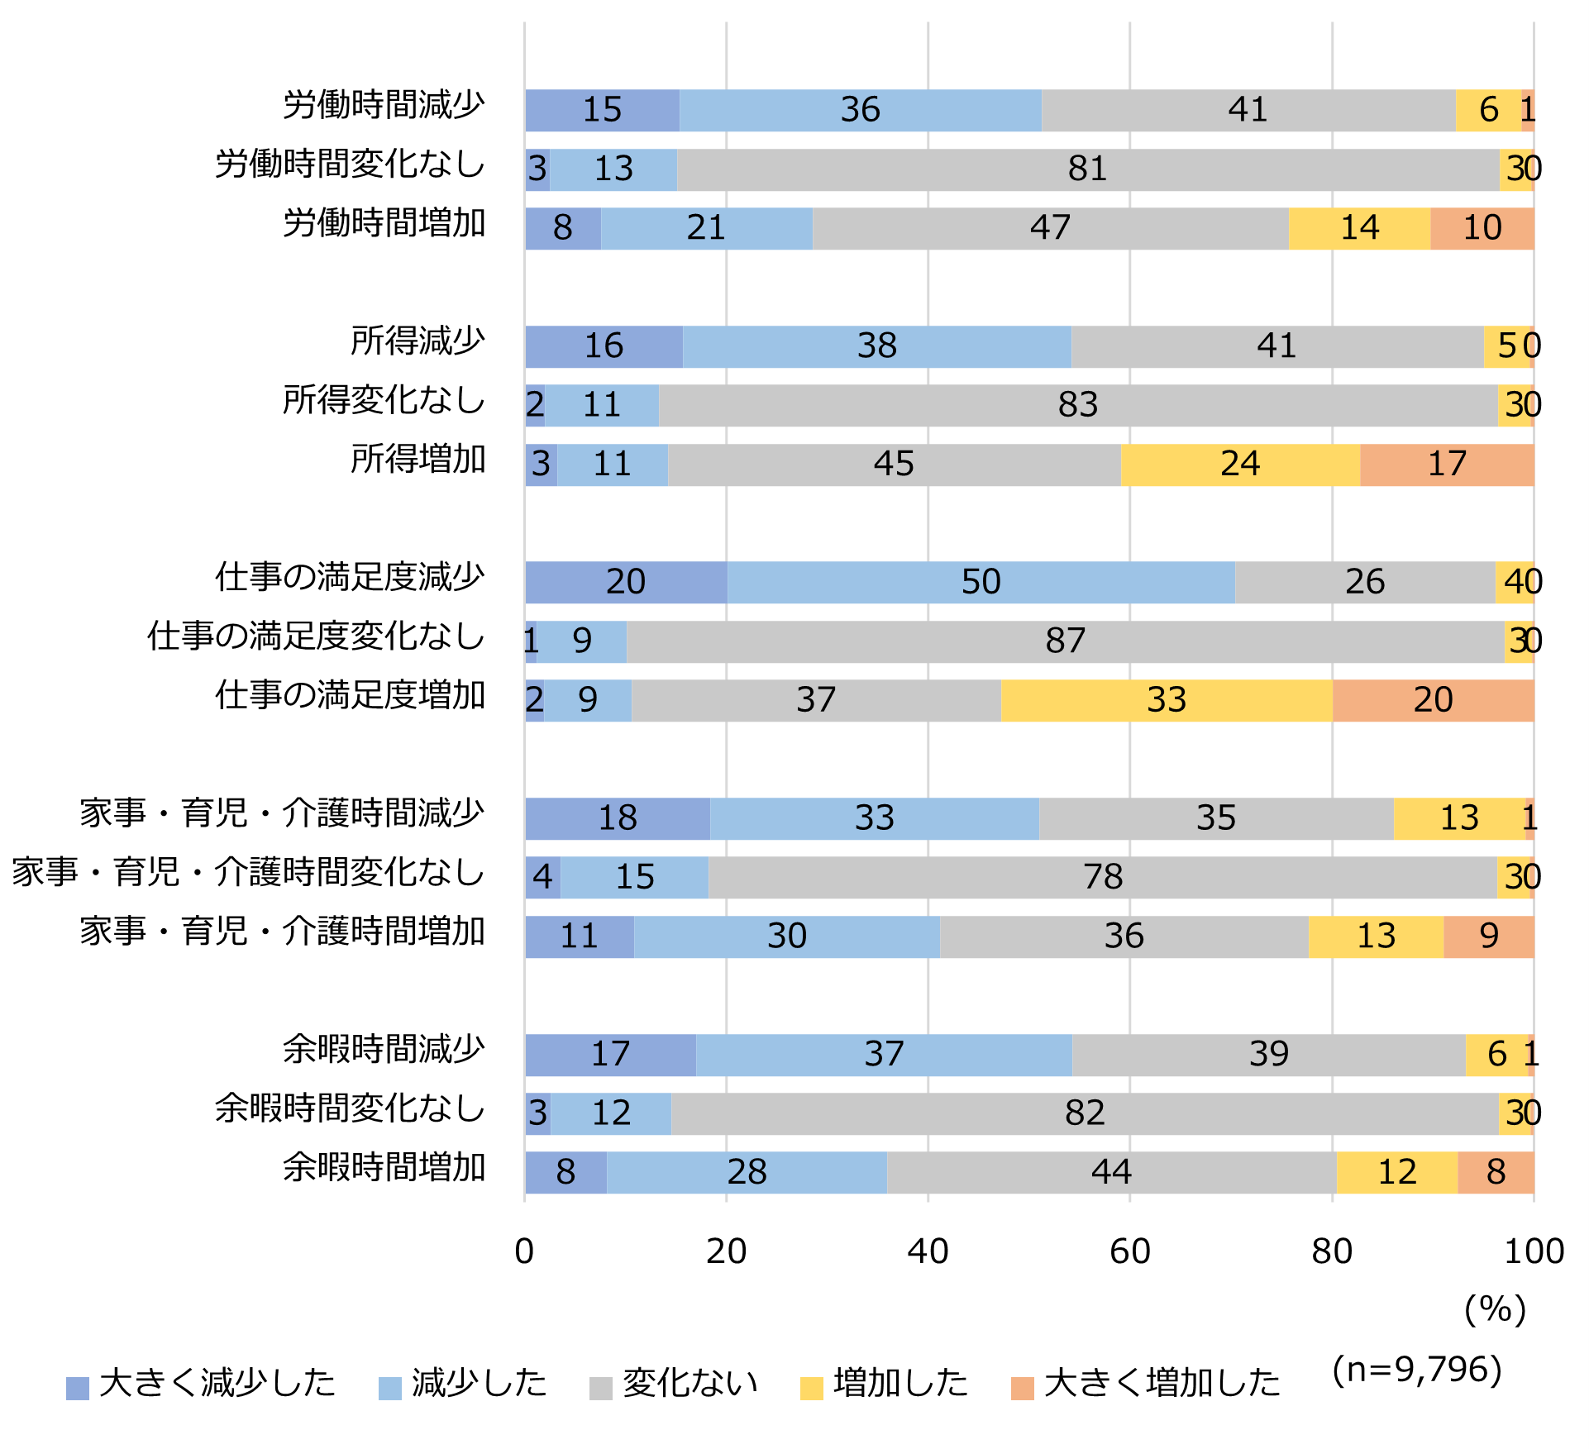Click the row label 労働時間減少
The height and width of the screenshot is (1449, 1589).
pos(384,106)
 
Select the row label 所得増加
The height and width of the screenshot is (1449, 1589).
pos(418,460)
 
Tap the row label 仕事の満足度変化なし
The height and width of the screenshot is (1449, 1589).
pos(316,637)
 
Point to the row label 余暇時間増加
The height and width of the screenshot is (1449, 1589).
pos(384,1168)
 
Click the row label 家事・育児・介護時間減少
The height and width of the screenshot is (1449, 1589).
pos(282,814)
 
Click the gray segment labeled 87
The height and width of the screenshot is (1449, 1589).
pos(1065,641)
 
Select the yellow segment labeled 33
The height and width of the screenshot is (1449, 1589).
pos(1166,700)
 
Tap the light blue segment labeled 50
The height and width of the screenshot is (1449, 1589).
pos(981,582)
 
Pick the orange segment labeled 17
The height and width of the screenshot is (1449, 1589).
pos(1447,465)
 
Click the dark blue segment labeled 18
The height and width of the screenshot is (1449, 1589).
pos(618,818)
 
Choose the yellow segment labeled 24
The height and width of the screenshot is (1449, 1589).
pos(1240,465)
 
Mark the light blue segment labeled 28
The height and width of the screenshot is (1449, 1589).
pos(747,1172)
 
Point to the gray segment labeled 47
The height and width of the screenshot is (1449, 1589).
pos(1050,228)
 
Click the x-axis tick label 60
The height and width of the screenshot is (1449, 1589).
pos(1129,1251)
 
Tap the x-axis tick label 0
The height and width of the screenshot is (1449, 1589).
pos(524,1251)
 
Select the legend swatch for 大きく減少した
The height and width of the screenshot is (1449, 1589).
pos(78,1388)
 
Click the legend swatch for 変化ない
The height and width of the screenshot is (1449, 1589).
pos(601,1388)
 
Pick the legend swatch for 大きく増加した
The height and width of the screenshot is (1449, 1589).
pos(1023,1388)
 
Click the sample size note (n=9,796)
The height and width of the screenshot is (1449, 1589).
pos(1417,1369)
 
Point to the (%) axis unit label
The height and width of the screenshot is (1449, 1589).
pos(1495,1309)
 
